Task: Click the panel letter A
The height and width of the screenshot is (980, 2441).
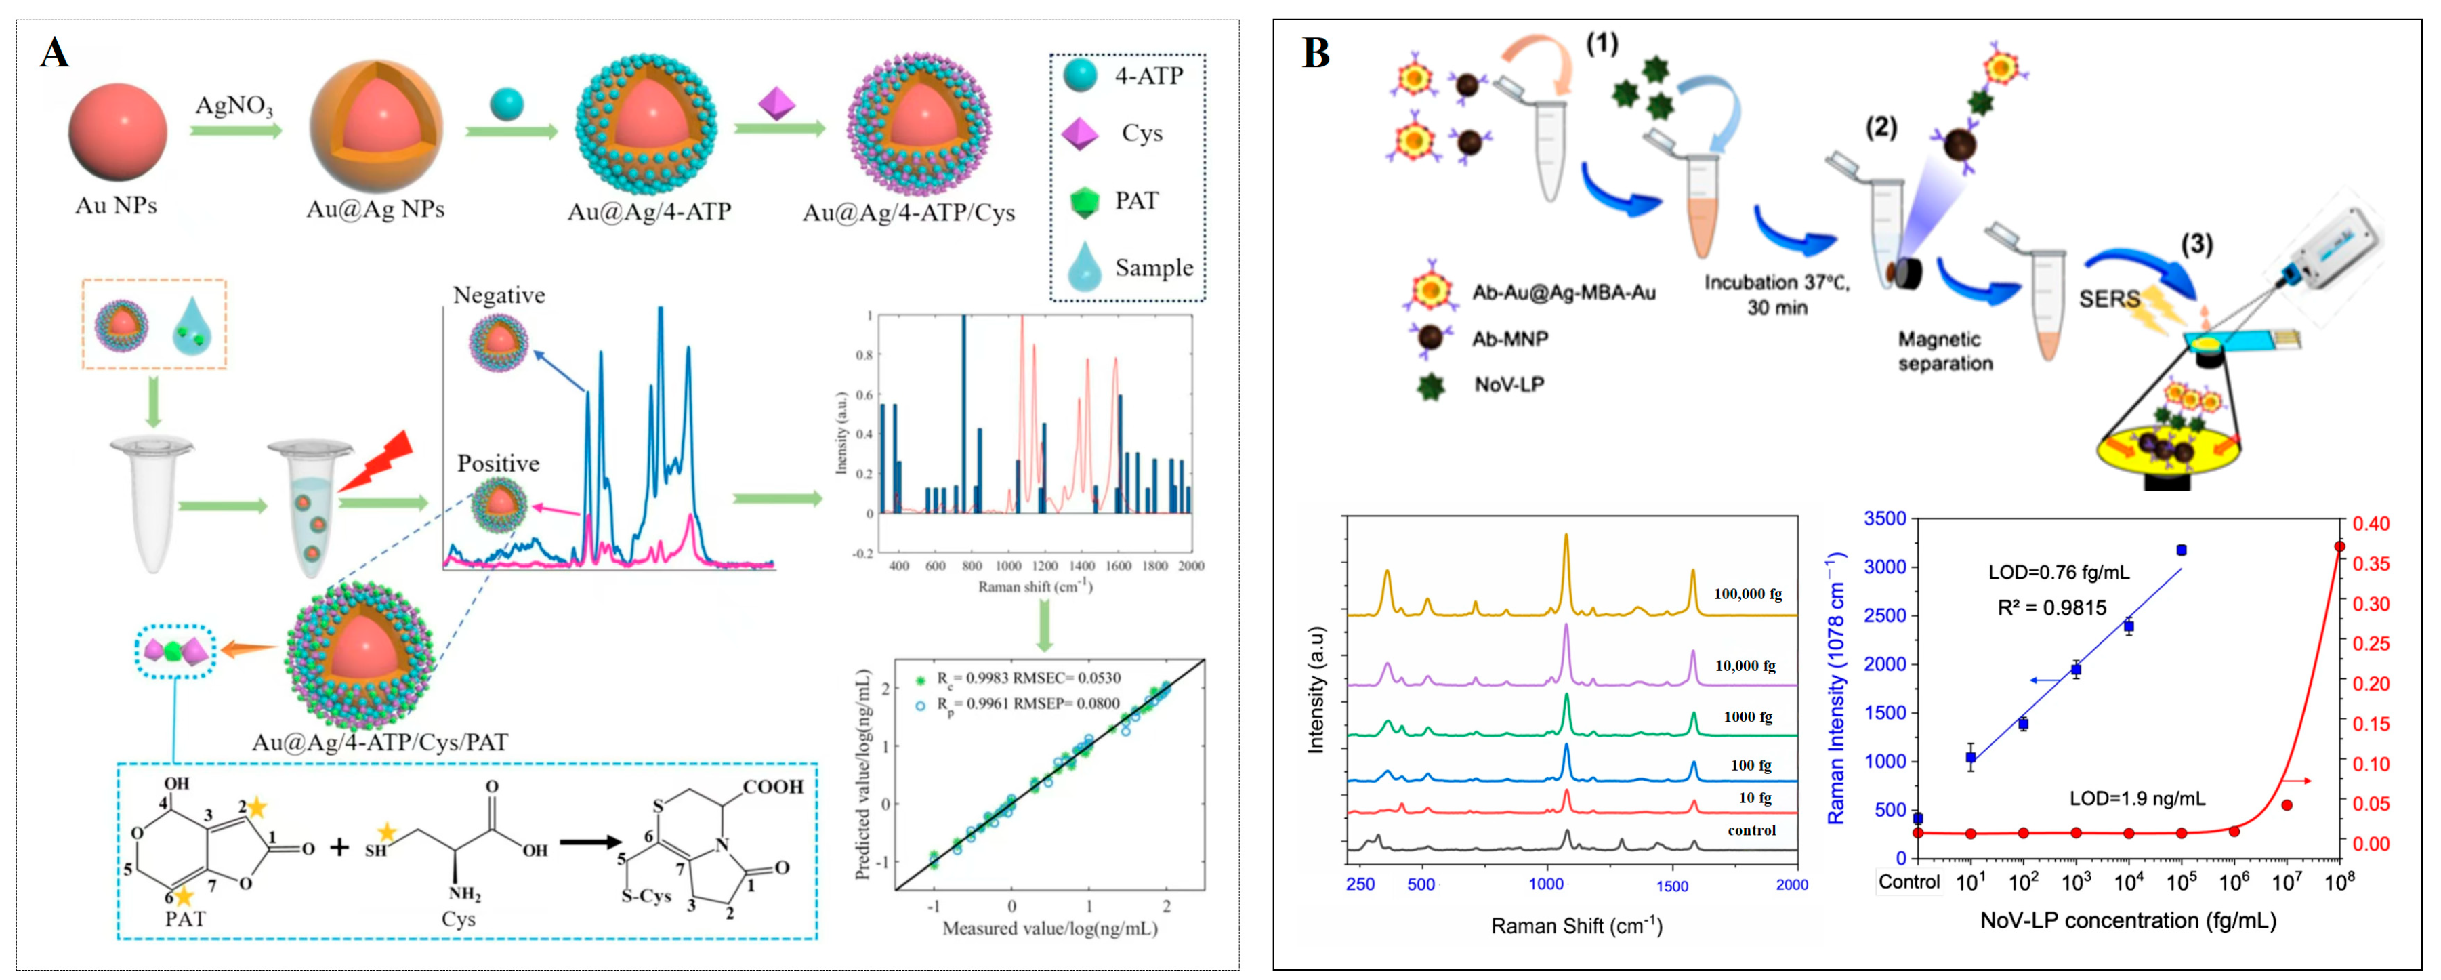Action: pos(54,53)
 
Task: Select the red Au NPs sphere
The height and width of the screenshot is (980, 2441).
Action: pos(117,131)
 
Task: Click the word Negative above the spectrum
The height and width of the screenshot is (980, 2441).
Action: pos(499,295)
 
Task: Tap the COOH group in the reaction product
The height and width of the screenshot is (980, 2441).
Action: pos(772,787)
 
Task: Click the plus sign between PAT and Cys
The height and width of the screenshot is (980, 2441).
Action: pos(338,846)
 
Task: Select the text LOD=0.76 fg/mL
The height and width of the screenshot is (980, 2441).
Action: pos(2058,573)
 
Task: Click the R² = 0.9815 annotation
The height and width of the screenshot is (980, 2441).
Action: pos(2051,607)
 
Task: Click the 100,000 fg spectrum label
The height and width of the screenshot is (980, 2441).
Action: pos(1747,594)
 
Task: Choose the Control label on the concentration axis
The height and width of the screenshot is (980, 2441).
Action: pos(1908,882)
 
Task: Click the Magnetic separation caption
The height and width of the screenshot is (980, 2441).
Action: pos(1944,350)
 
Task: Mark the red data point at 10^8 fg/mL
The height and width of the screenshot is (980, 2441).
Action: pos(2339,547)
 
